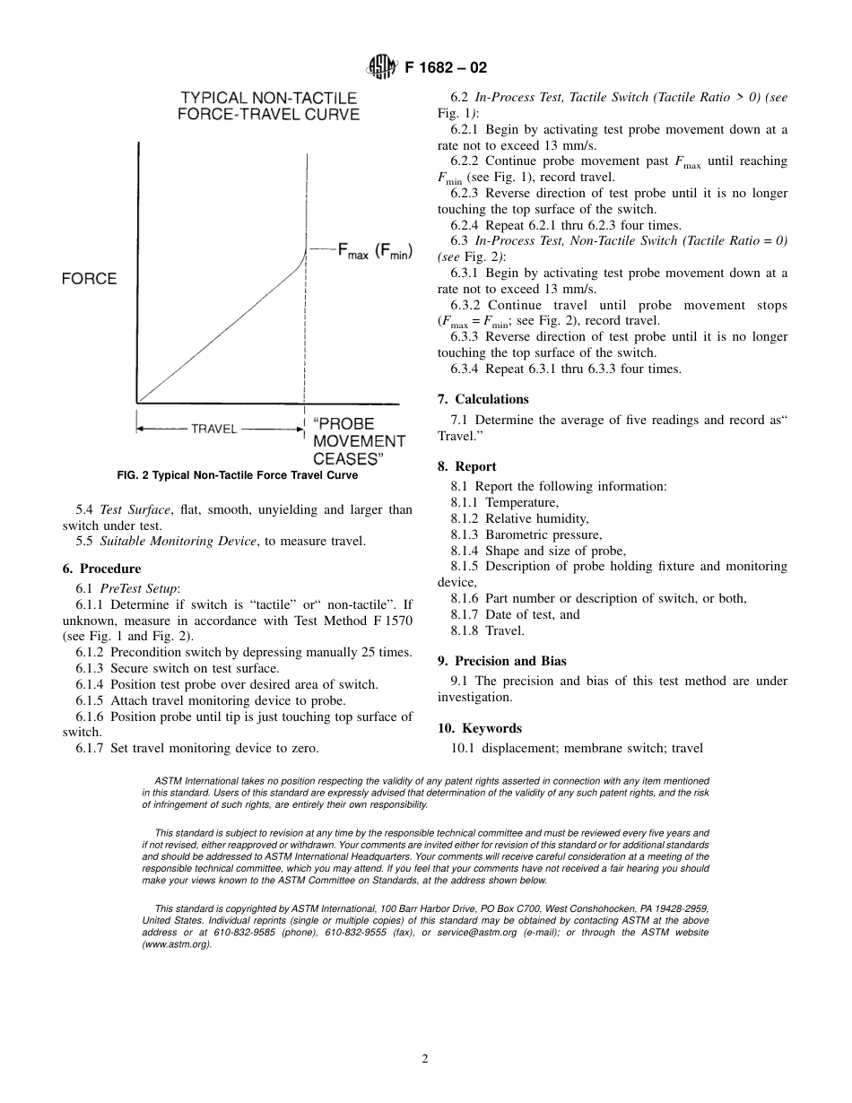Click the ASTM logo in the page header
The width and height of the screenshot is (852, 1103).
(x=381, y=68)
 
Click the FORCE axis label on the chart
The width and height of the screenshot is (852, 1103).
(x=89, y=279)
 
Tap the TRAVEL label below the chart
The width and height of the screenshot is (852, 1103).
(x=213, y=429)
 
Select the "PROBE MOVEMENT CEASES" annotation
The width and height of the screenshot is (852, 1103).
(x=358, y=441)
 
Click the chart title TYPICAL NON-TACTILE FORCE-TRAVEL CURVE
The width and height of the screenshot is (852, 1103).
(x=269, y=106)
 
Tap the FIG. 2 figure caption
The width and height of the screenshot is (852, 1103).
(x=237, y=475)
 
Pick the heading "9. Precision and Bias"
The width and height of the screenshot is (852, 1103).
(x=501, y=661)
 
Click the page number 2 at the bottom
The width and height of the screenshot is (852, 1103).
(x=425, y=1058)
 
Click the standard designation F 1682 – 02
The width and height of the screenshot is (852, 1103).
(x=446, y=68)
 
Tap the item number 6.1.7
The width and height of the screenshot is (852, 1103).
(x=91, y=748)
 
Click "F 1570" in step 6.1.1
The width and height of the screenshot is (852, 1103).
(x=391, y=620)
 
